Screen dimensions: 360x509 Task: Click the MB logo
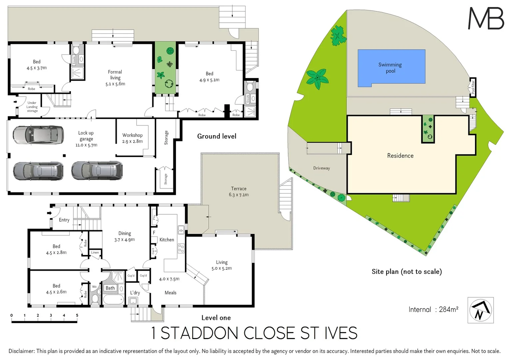[486, 18]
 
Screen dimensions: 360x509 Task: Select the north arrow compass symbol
[480, 310]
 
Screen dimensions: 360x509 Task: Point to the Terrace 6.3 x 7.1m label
[239, 192]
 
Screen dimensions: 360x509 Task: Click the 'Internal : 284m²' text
[433, 310]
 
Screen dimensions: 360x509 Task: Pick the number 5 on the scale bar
[77, 315]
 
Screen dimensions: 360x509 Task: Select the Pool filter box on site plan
[473, 87]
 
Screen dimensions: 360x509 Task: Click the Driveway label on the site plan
[321, 168]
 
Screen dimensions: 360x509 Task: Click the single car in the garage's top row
[38, 135]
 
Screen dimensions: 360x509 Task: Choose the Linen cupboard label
[95, 253]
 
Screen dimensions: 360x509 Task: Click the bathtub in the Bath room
[113, 299]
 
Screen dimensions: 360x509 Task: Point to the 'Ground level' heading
[217, 136]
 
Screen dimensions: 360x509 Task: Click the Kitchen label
[167, 240]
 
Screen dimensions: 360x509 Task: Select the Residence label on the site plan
[400, 156]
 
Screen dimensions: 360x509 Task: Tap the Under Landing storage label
[32, 107]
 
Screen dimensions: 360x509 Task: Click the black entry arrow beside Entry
[49, 213]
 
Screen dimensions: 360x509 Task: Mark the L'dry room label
[135, 293]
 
